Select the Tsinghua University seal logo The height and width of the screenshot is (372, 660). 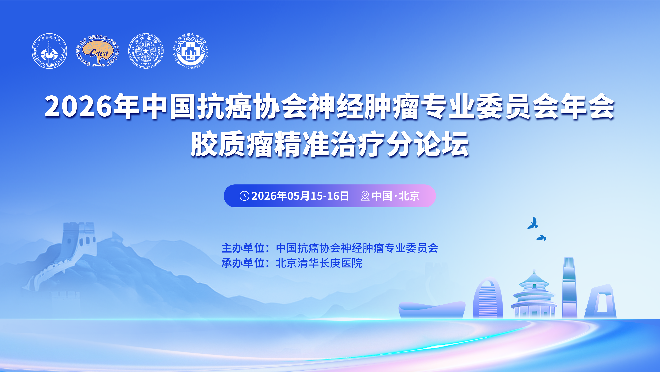(x=146, y=51)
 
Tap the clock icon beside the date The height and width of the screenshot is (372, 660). (x=244, y=196)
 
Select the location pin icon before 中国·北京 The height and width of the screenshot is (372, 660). (x=365, y=196)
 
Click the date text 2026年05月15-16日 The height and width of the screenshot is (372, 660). (x=300, y=196)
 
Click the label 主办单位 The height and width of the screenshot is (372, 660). (x=243, y=248)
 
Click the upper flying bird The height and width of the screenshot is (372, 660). (x=533, y=223)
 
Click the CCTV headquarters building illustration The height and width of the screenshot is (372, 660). (x=601, y=302)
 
